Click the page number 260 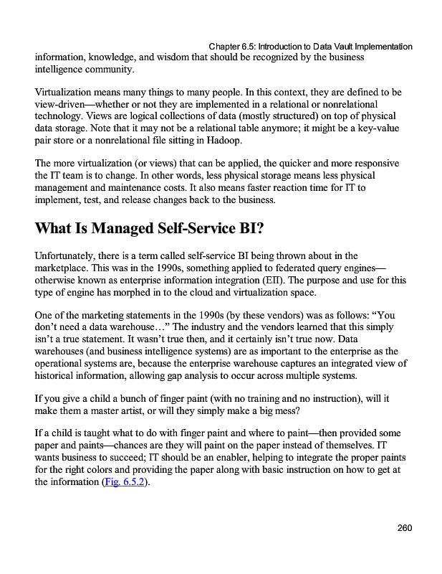(x=404, y=529)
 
